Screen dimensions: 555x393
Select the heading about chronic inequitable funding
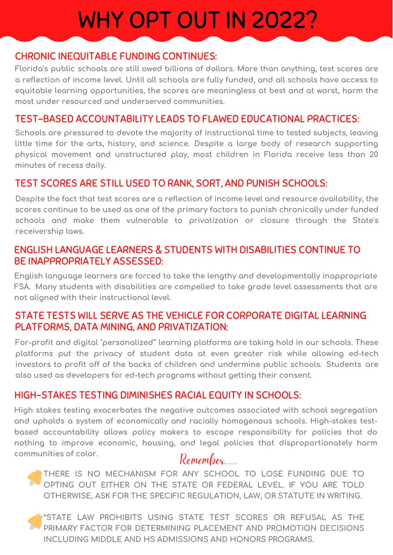116,56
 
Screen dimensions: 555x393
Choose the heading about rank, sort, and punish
171,184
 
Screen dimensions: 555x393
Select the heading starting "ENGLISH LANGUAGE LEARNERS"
187,250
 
